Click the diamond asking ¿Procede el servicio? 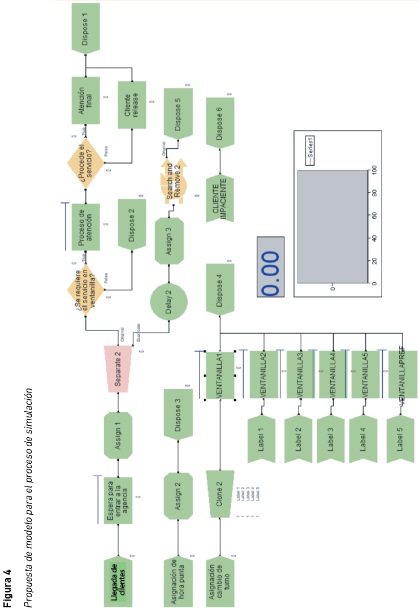tap(86, 164)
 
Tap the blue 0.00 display tap(271, 274)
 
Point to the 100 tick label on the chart tap(374, 170)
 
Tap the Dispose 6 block tap(221, 122)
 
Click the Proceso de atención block tap(86, 227)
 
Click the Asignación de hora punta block tap(178, 576)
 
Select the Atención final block tap(86, 100)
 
